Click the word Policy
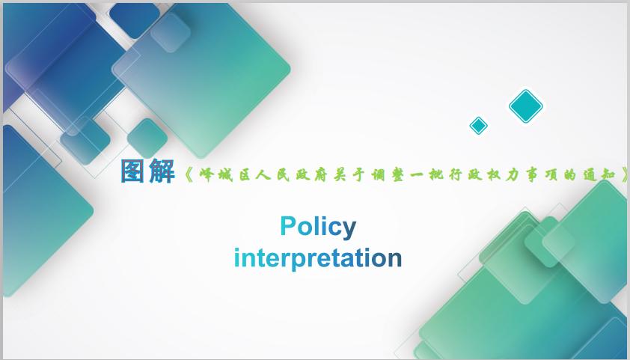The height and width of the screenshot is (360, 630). (318, 227)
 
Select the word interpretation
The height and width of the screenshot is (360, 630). (318, 258)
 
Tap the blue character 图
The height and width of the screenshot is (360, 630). (133, 171)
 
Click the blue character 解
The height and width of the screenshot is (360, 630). (162, 171)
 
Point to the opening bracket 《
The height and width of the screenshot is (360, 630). (189, 175)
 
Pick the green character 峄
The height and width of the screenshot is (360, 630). (208, 175)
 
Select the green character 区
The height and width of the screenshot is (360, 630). (246, 175)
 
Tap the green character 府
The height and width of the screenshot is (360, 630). (320, 175)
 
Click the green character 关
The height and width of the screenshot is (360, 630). (340, 175)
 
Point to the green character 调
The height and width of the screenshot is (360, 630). (378, 175)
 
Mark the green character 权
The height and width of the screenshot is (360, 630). (494, 175)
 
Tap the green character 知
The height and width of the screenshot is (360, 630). (608, 175)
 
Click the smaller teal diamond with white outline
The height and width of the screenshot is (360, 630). (479, 126)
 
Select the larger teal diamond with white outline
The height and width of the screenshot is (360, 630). (526, 106)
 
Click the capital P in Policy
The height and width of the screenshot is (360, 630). (288, 226)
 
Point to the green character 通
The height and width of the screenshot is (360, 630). (590, 175)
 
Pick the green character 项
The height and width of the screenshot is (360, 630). (551, 175)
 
